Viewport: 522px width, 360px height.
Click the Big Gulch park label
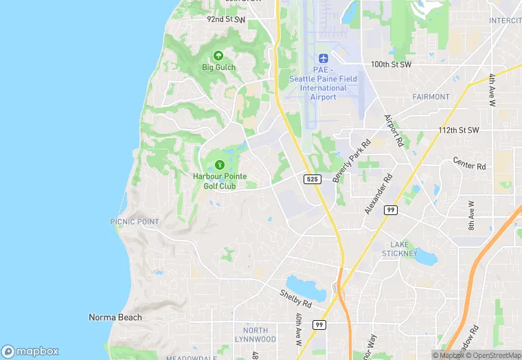(218, 67)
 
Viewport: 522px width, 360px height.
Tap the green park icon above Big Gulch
(218, 55)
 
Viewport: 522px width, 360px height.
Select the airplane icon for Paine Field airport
(323, 58)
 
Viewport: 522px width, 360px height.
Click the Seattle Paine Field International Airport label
(323, 84)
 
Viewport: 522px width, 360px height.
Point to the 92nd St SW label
(226, 20)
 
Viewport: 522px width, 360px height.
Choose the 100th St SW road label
(391, 64)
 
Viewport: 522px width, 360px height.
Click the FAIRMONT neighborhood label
(431, 97)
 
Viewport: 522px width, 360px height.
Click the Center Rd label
(469, 166)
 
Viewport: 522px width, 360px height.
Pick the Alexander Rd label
(378, 194)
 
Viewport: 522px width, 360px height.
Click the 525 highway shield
(312, 179)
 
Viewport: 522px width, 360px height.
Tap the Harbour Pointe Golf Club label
(219, 181)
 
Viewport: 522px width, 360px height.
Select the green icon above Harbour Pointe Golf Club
(219, 165)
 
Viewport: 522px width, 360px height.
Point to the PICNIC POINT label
(134, 222)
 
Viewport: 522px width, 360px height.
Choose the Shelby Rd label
(295, 298)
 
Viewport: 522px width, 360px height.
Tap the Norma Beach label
(115, 317)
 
